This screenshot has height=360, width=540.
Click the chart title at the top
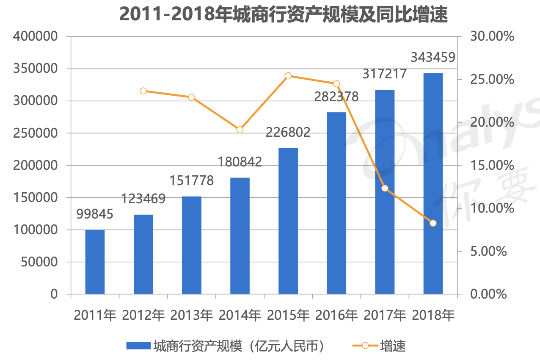click(x=283, y=14)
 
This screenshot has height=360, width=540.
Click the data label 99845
click(x=95, y=214)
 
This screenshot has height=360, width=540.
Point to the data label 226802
click(x=288, y=133)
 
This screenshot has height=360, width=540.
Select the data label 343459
click(x=433, y=57)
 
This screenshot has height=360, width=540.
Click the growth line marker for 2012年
click(x=143, y=91)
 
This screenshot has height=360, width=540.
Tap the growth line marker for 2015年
click(x=288, y=76)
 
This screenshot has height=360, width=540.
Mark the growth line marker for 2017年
click(x=385, y=188)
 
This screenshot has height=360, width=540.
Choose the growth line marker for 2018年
click(x=433, y=223)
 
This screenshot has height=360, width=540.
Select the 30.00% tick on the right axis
click(x=492, y=36)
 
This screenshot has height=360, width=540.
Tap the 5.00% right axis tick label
click(x=488, y=251)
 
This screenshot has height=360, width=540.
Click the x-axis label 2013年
click(x=192, y=316)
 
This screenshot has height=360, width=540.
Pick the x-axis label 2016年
click(x=336, y=316)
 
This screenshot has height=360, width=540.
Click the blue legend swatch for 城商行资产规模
click(x=138, y=346)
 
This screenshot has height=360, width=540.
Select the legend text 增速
click(x=393, y=346)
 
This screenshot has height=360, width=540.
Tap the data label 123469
click(x=143, y=199)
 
